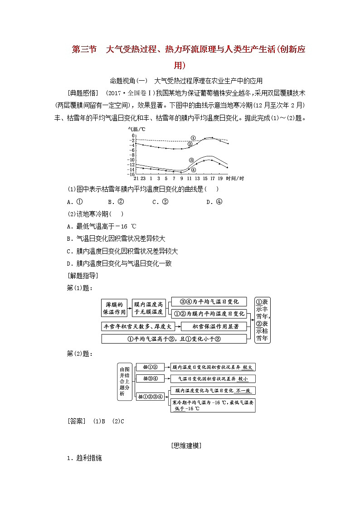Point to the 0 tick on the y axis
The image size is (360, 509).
133,136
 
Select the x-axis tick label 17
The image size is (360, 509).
212,178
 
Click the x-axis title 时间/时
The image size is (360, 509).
234,178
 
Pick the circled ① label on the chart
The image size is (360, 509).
193,138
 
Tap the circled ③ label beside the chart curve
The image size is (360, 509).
192,160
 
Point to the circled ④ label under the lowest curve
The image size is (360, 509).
194,170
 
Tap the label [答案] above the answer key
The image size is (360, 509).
76,421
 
